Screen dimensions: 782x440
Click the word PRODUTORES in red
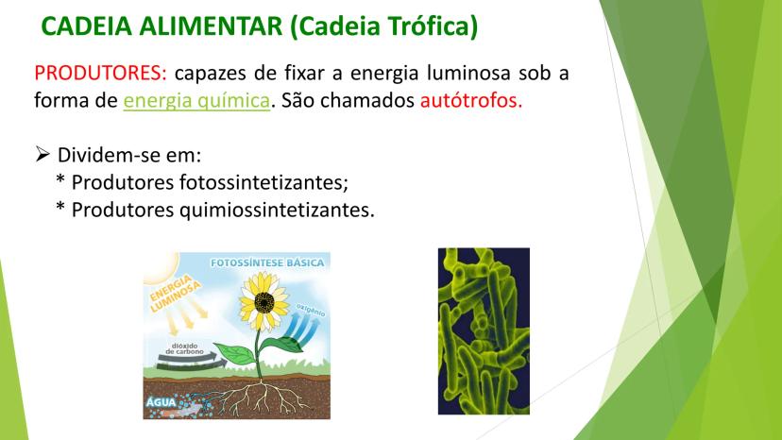(x=100, y=74)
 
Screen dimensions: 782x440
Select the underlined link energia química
(x=196, y=101)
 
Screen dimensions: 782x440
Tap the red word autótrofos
(x=471, y=100)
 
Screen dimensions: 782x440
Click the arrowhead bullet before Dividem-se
(x=42, y=154)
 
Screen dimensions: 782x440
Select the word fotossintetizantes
(x=263, y=182)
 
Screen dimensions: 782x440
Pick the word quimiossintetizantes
(x=277, y=210)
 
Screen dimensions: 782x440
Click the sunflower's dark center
(x=263, y=302)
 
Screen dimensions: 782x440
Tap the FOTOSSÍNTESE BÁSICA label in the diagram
(x=267, y=262)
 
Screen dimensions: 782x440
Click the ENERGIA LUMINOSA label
(x=175, y=293)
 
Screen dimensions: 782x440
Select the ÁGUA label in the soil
(x=161, y=401)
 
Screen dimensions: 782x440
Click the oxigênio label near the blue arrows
(x=310, y=310)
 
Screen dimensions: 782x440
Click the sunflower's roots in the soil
(x=260, y=397)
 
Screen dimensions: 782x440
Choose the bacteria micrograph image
(x=484, y=331)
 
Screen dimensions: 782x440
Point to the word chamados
(x=367, y=100)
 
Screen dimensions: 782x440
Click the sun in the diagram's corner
(x=160, y=267)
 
